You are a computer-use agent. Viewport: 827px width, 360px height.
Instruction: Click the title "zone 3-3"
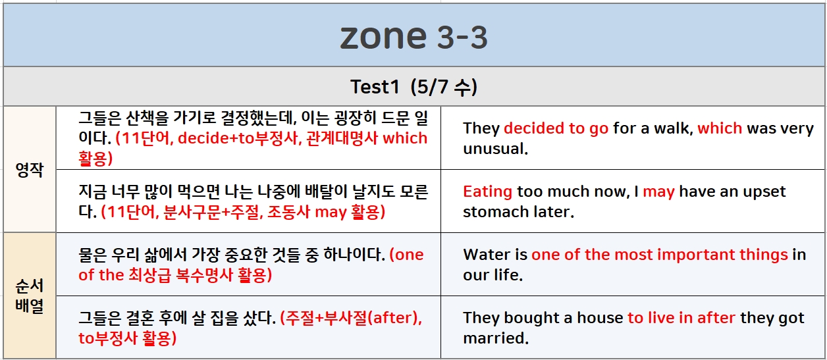click(x=414, y=37)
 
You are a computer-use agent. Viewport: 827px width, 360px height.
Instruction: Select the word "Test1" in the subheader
click(x=375, y=87)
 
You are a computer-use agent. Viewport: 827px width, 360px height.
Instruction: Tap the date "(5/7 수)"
click(x=444, y=87)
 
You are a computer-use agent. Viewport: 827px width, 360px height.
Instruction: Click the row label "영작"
click(x=30, y=170)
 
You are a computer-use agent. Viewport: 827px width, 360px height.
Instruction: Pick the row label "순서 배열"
click(x=30, y=296)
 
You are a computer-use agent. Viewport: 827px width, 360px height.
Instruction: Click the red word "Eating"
click(x=487, y=192)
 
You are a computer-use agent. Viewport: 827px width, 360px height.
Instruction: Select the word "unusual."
click(x=495, y=149)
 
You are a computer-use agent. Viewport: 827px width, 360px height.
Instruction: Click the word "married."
click(x=496, y=338)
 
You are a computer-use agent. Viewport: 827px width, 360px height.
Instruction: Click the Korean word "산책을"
click(x=147, y=118)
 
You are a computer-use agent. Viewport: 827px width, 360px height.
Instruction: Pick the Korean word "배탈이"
click(x=327, y=192)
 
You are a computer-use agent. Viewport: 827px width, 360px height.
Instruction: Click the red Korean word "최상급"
click(x=149, y=275)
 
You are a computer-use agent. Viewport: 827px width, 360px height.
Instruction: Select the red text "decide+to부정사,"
click(x=240, y=138)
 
